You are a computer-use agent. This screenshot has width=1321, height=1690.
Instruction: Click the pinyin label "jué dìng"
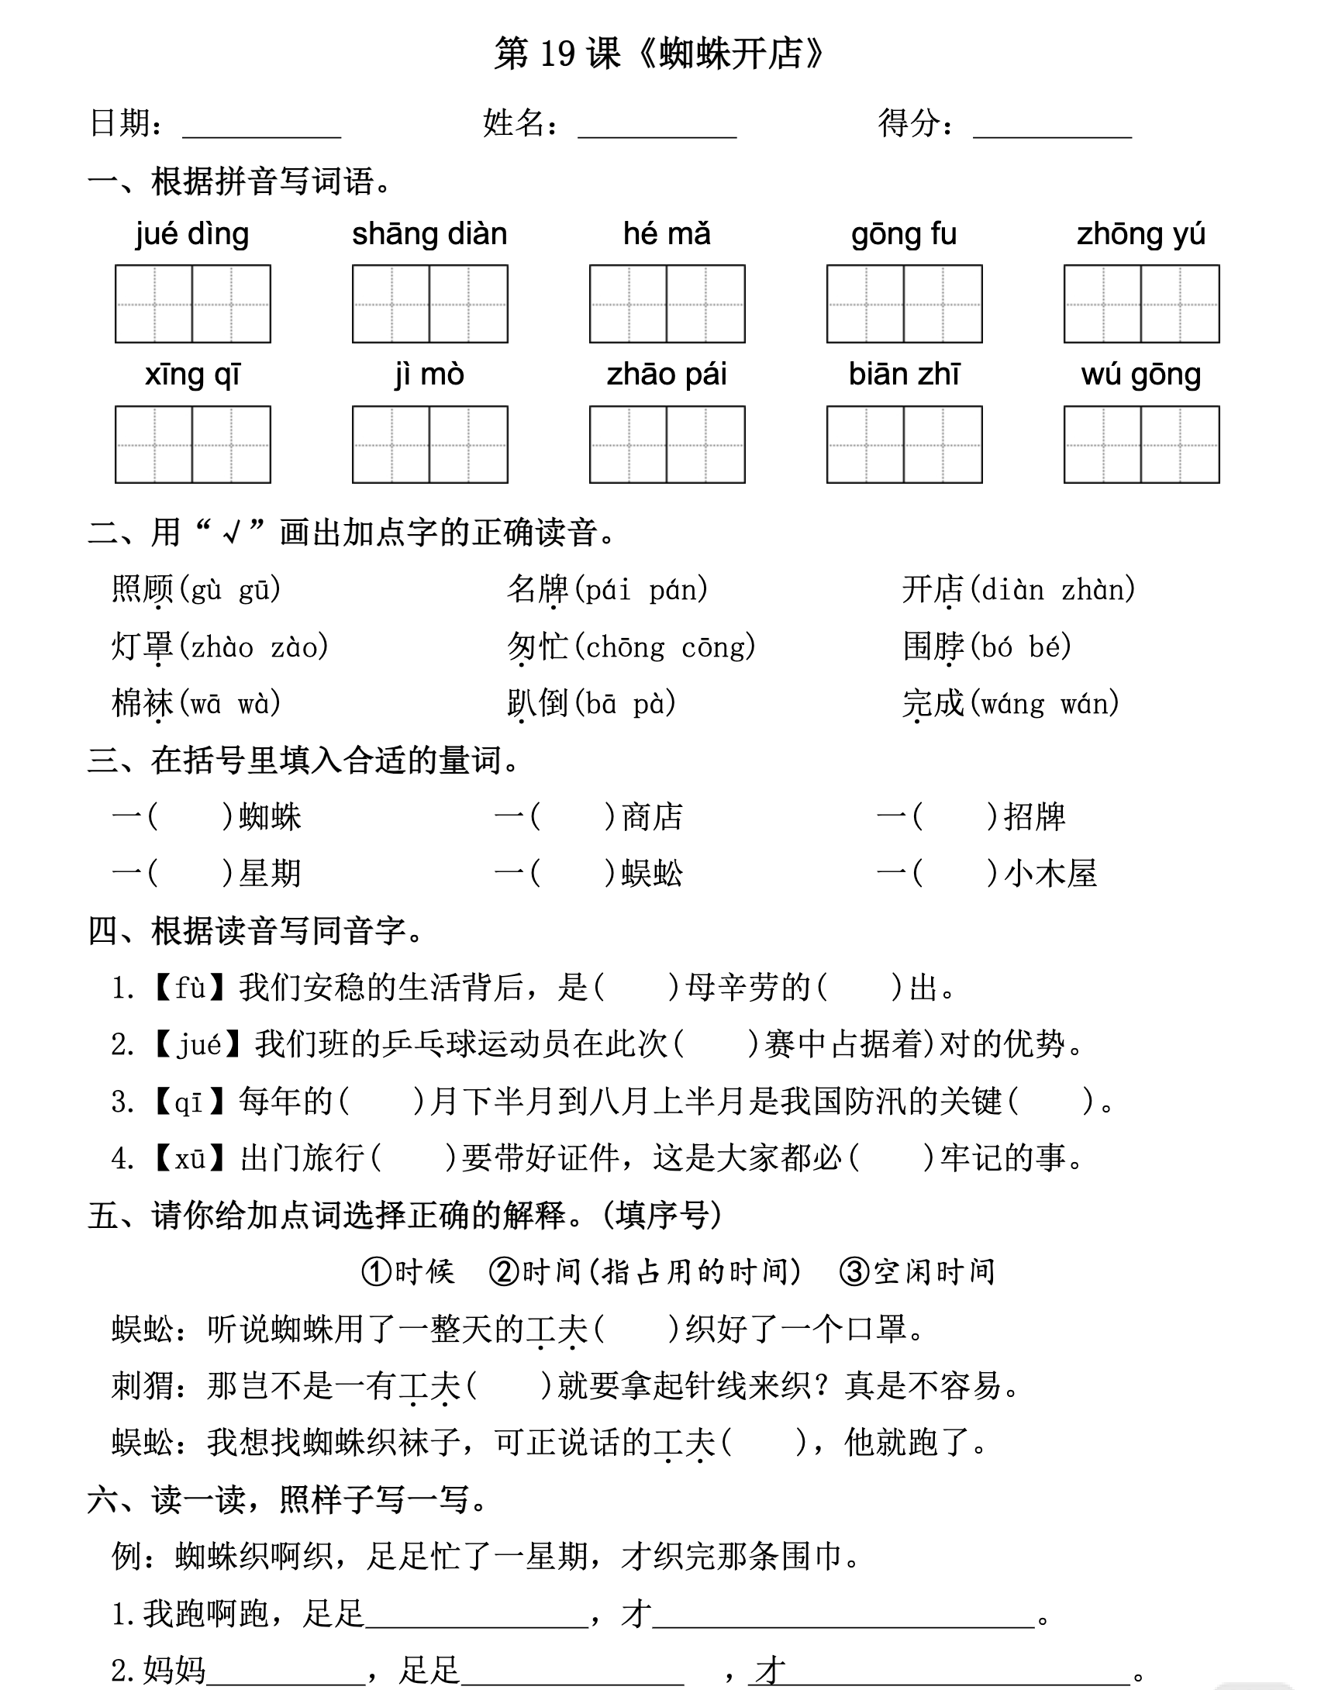coord(192,234)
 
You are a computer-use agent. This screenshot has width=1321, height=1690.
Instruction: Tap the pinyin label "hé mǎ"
coord(667,234)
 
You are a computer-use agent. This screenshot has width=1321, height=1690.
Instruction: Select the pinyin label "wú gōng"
coord(1141,375)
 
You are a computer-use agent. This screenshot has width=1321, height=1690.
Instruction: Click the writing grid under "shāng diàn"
coord(429,304)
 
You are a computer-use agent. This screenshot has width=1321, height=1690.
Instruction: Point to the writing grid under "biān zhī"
coord(904,445)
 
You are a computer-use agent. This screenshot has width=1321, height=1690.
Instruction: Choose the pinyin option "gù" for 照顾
coord(205,591)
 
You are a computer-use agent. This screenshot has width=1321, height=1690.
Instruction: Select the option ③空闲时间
coord(917,1272)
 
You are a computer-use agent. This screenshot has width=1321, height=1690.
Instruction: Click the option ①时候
coord(408,1272)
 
